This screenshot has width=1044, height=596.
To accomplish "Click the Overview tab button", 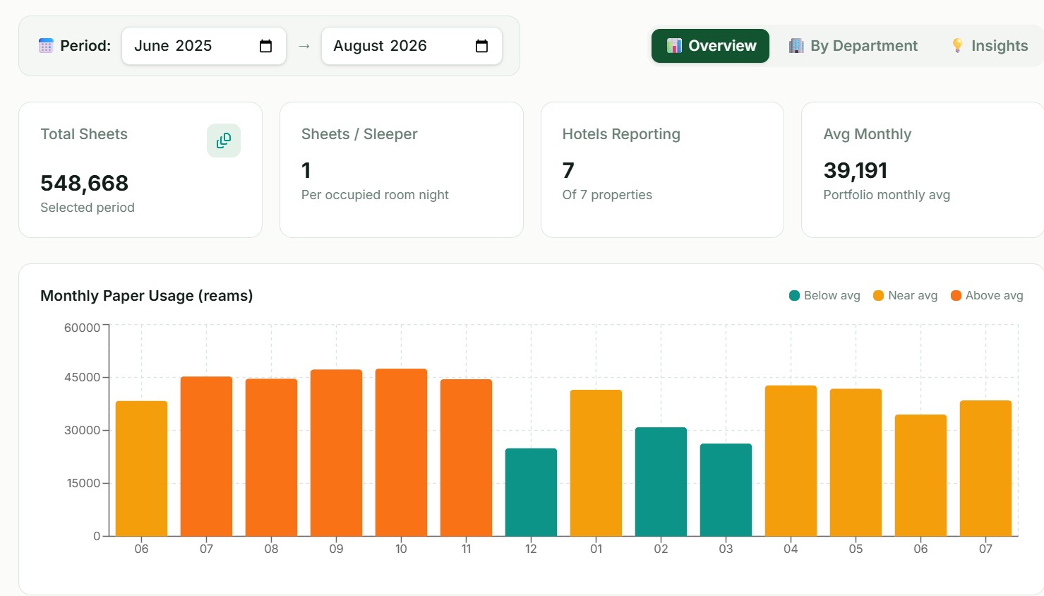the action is tap(710, 46).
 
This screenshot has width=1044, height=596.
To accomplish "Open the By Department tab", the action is tap(853, 46).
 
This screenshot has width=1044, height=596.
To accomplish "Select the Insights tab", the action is tap(989, 46).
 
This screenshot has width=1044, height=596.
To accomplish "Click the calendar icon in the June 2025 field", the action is tap(265, 46).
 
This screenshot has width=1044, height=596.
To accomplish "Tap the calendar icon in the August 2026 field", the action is tap(481, 46).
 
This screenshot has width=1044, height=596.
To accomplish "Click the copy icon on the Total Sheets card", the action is tap(224, 141).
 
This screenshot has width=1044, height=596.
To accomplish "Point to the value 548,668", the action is tap(85, 183).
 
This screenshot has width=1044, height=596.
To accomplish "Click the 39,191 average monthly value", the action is tap(856, 170).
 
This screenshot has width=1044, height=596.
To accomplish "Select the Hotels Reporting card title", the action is tap(621, 134).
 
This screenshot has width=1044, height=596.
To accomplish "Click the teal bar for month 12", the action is tap(531, 492).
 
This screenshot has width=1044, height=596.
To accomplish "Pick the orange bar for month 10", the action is tap(401, 453).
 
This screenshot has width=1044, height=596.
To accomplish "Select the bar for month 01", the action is tap(596, 463).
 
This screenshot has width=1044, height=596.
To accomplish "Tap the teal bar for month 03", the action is tap(726, 489).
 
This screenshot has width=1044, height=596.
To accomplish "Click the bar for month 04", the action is tap(791, 460).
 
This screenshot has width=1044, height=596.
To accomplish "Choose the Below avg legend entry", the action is tap(824, 296).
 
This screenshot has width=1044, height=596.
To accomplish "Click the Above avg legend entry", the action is tap(987, 296).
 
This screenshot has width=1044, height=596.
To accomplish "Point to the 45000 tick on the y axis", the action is tap(83, 377).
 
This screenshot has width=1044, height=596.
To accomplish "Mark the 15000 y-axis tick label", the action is tap(83, 483).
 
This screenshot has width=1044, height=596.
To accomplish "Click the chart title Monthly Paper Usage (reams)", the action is tap(147, 296).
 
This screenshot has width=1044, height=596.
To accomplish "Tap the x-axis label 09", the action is tap(336, 549).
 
